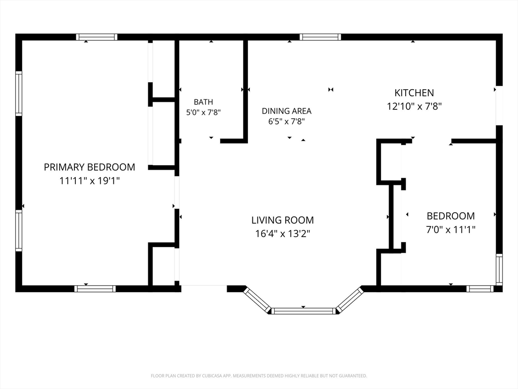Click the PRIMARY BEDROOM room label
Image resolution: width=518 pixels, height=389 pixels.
pyautogui.click(x=90, y=167)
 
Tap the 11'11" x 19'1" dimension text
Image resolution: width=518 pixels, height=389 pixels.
pyautogui.click(x=90, y=181)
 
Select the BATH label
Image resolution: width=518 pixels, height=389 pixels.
pyautogui.click(x=203, y=102)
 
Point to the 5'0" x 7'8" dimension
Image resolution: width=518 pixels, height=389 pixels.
pyautogui.click(x=203, y=112)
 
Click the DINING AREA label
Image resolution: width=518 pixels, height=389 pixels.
pyautogui.click(x=286, y=111)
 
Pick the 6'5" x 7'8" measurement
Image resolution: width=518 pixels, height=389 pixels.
pyautogui.click(x=286, y=122)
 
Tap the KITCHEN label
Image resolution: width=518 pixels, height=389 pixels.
pyautogui.click(x=414, y=93)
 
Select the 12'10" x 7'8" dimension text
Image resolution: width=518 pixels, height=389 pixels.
pyautogui.click(x=414, y=106)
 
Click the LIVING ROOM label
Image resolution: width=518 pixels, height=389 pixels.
pyautogui.click(x=282, y=220)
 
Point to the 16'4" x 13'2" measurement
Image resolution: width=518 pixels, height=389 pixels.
pyautogui.click(x=282, y=234)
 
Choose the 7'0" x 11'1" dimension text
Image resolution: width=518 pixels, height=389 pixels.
pyautogui.click(x=451, y=229)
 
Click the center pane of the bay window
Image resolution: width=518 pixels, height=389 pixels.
pyautogui.click(x=304, y=311)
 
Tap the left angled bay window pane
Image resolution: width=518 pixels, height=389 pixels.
pyautogui.click(x=257, y=300)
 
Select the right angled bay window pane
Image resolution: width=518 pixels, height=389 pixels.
pyautogui.click(x=350, y=300)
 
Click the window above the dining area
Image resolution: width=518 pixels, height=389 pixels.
pyautogui.click(x=320, y=36)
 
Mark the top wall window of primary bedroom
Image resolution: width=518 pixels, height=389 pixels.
pyautogui.click(x=97, y=36)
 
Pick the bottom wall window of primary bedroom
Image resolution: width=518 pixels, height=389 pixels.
pyautogui.click(x=95, y=289)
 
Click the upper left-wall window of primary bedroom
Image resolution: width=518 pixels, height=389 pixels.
pyautogui.click(x=19, y=94)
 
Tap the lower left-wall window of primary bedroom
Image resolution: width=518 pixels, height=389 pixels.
pyautogui.click(x=19, y=230)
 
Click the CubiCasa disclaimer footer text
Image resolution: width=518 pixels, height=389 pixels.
pyautogui.click(x=258, y=376)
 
